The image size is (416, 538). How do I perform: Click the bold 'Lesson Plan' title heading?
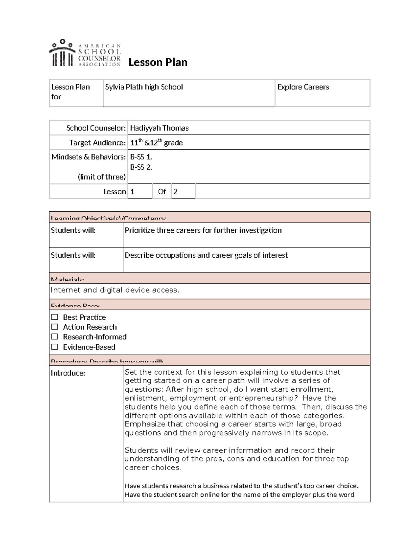click(158, 62)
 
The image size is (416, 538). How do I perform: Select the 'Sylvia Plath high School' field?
click(144, 87)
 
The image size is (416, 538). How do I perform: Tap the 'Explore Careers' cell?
click(303, 87)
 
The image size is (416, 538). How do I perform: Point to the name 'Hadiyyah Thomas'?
click(159, 128)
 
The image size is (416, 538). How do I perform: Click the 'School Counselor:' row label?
click(96, 128)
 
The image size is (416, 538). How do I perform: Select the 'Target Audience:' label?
click(97, 143)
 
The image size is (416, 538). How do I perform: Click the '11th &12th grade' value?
click(156, 143)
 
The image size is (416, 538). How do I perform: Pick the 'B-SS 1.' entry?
click(141, 157)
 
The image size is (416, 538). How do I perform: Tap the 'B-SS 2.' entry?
click(141, 167)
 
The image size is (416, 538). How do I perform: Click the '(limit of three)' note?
click(102, 177)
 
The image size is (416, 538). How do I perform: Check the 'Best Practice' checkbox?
click(55, 317)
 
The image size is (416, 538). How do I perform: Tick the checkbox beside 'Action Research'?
click(55, 327)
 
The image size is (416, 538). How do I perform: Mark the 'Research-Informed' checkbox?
click(55, 337)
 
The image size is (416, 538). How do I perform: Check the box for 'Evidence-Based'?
click(55, 347)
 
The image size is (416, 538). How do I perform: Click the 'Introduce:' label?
click(68, 373)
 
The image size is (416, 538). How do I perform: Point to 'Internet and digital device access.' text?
click(115, 290)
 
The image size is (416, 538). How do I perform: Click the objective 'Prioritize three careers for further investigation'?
click(203, 230)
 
